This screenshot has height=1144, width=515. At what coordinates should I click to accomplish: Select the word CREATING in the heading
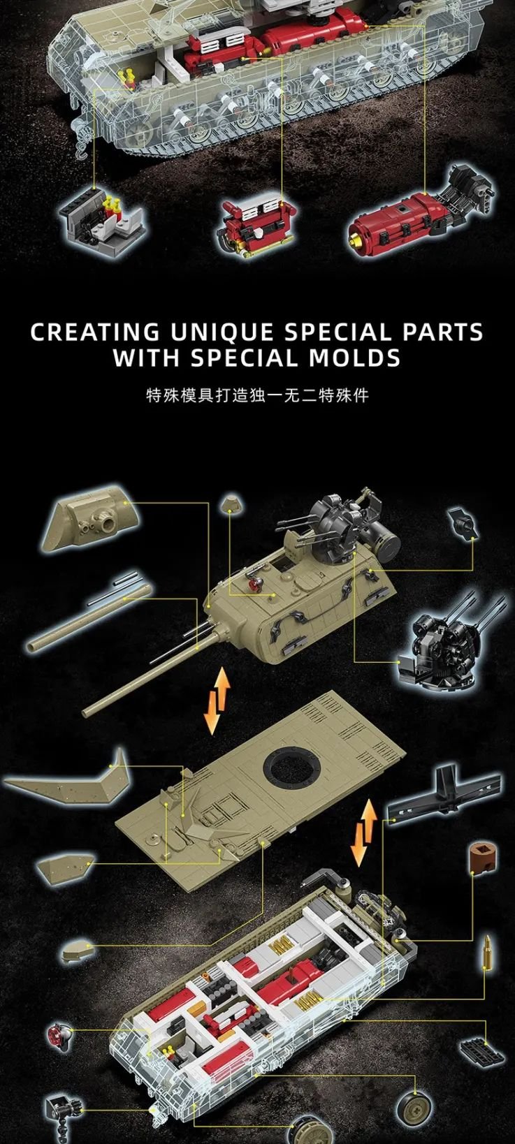[95, 332]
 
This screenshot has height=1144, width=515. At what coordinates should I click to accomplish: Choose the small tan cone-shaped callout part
[231, 504]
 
